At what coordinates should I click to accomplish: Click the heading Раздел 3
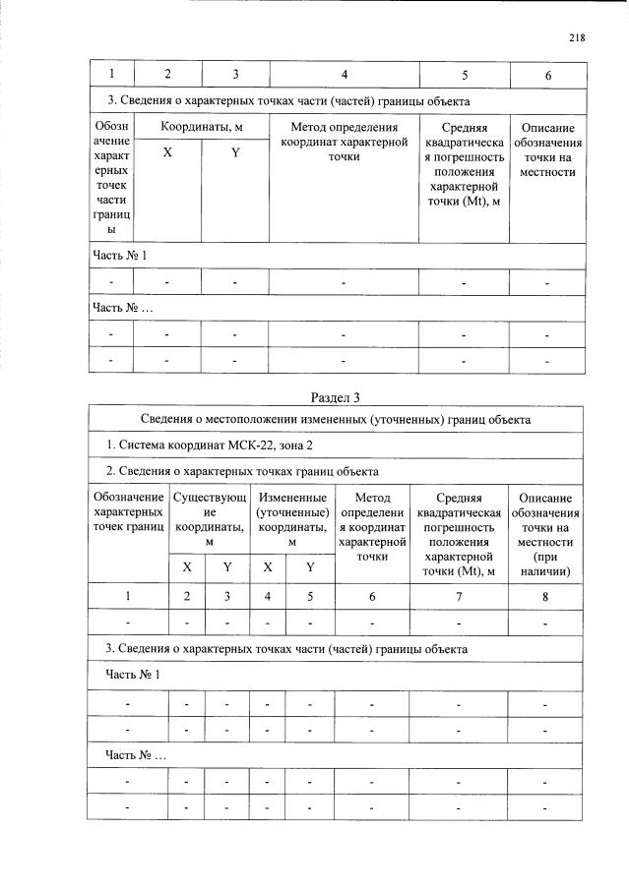(336, 397)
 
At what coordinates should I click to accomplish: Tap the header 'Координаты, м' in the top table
(201, 128)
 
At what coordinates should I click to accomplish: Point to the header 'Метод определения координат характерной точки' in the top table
(344, 142)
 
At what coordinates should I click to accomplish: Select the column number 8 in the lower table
(544, 596)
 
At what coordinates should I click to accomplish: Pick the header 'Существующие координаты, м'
(209, 520)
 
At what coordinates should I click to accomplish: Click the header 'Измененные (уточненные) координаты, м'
(291, 520)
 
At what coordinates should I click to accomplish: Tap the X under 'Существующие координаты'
(188, 567)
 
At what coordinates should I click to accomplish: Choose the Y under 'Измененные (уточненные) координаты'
(309, 567)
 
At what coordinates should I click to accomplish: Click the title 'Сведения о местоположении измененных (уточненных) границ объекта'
(336, 420)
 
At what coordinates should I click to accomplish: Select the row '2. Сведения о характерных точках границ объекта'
(242, 470)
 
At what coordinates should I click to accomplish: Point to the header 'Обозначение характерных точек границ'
(128, 512)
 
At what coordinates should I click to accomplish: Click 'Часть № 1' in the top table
(120, 256)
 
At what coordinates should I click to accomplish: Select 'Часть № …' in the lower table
(136, 754)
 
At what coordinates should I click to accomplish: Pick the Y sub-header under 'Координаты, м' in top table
(234, 152)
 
